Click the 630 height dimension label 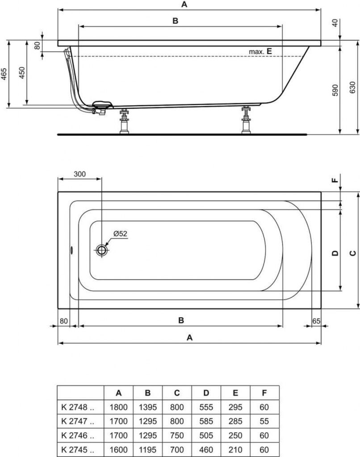352,87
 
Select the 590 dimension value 335,90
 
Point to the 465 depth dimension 4,74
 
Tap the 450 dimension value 22,73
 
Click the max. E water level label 260,52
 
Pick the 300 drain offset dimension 80,174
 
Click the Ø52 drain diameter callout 121,233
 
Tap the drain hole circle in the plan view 101,250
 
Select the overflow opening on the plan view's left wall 71,250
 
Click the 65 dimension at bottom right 316,321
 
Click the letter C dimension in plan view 353,253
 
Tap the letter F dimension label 335,180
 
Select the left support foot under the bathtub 125,121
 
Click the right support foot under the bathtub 246,120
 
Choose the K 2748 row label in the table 78,407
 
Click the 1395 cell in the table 147,407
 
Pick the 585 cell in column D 206,421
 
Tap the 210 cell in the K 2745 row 235,449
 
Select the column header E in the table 235,393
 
